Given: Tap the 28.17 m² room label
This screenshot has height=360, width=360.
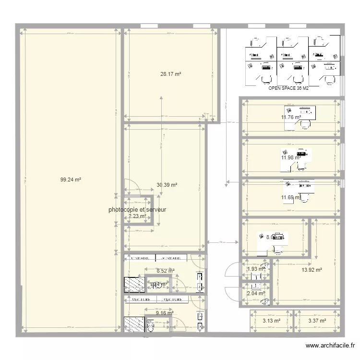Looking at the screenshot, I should coord(170,74).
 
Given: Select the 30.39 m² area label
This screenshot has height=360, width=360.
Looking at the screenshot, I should coord(167,184).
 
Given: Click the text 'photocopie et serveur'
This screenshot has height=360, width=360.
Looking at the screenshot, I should coord(137,210).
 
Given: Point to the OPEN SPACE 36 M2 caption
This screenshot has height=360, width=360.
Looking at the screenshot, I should coord(288,88).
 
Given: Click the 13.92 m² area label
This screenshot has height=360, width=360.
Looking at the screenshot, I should coord(312,270).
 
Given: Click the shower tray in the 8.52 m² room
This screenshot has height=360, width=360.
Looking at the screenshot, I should coord(134,285).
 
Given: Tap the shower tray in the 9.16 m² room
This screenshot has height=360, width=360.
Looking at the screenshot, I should coord(134,324).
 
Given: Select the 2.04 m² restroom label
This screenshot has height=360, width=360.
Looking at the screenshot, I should coord(255,293).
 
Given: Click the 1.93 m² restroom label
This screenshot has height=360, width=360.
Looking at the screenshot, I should coord(255,269).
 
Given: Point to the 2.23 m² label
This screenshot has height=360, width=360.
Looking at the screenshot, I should coord(137,216).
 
